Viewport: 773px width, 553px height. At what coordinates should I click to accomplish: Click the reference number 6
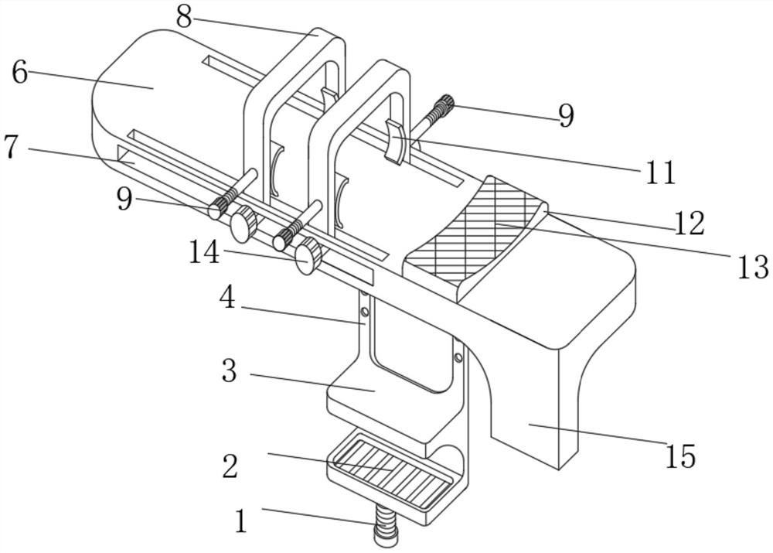(x=20, y=73)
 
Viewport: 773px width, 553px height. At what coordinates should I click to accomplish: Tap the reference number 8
(x=184, y=17)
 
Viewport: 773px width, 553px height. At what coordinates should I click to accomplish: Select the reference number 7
(x=12, y=146)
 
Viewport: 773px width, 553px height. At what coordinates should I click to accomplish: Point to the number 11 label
(x=660, y=173)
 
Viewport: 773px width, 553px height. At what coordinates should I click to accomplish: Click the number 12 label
(x=690, y=224)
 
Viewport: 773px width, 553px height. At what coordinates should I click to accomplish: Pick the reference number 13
(x=753, y=267)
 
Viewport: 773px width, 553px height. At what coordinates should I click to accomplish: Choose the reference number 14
(x=204, y=253)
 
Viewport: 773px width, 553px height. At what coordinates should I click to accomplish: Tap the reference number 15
(x=681, y=456)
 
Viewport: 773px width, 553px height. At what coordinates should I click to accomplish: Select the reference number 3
(x=230, y=371)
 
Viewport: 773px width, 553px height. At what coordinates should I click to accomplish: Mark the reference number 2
(x=230, y=466)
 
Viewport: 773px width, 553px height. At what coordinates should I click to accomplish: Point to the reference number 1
(x=241, y=521)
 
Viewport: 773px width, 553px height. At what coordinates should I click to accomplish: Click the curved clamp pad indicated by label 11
(x=394, y=140)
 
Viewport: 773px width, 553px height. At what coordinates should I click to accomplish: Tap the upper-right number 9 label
(x=567, y=115)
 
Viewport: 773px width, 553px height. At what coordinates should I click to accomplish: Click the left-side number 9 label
(x=124, y=200)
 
